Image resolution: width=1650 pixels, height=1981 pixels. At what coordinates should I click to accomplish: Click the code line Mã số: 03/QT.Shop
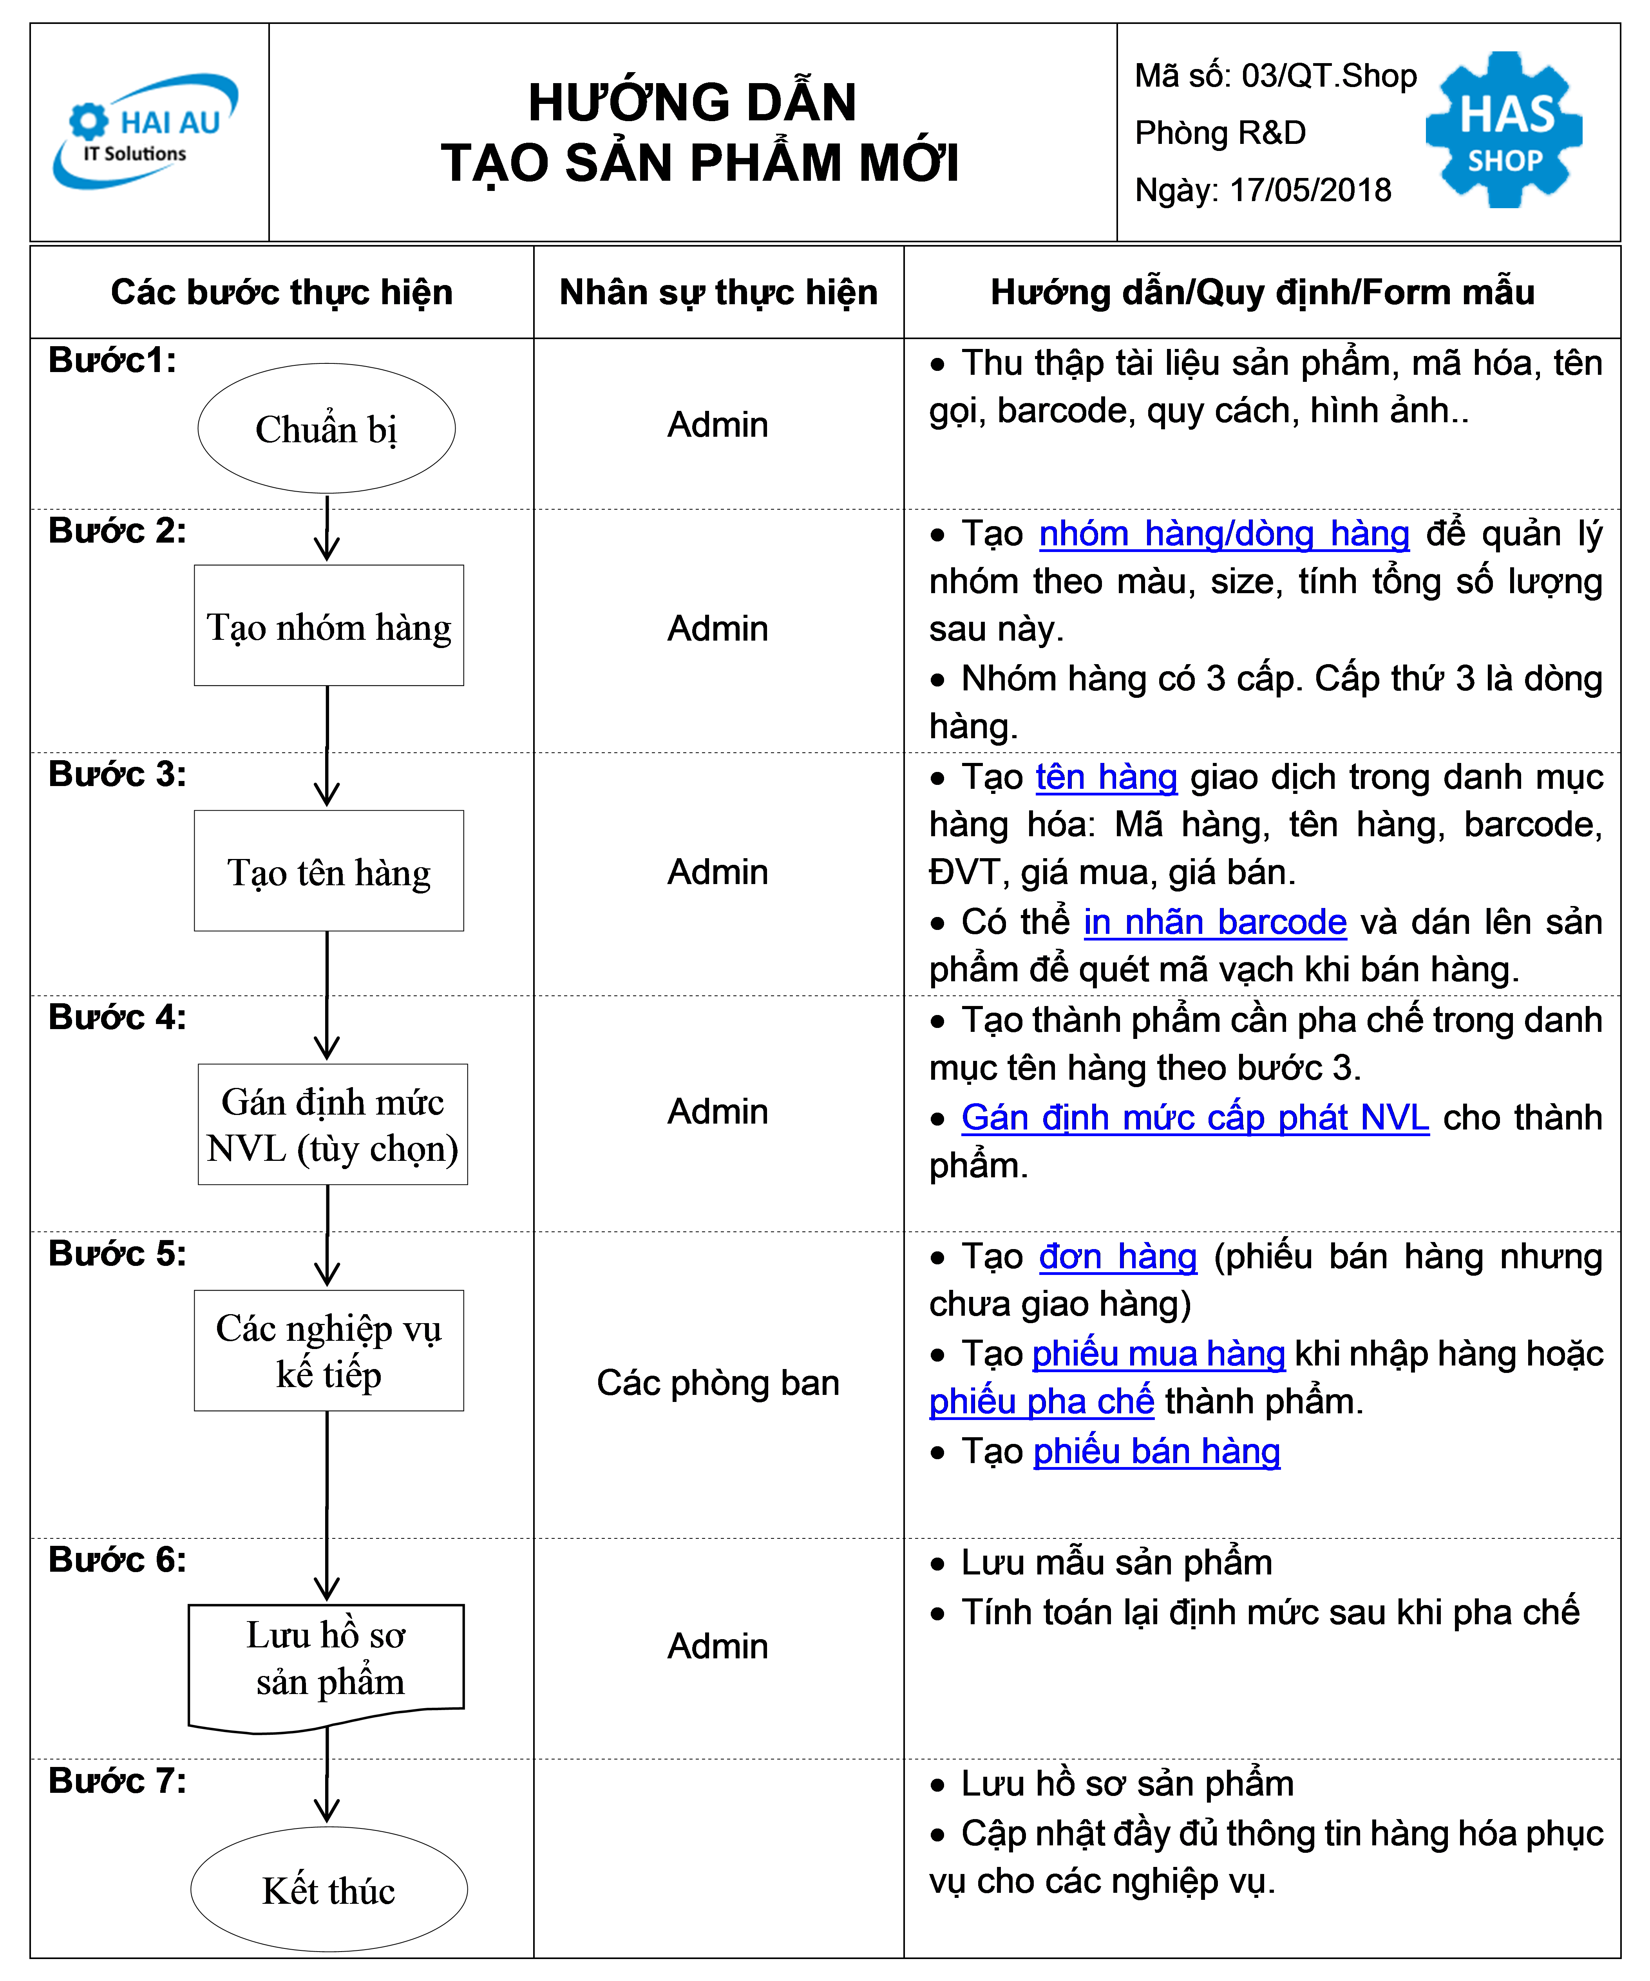pyautogui.click(x=1275, y=75)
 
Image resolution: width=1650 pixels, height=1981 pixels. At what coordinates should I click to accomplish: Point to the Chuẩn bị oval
pyautogui.click(x=326, y=428)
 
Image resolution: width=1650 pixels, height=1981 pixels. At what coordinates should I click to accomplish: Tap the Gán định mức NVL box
pyautogui.click(x=333, y=1124)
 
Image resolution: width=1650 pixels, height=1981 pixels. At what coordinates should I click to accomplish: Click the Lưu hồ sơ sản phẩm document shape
pyautogui.click(x=326, y=1668)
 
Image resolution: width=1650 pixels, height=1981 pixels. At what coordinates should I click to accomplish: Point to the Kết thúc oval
pyautogui.click(x=329, y=1890)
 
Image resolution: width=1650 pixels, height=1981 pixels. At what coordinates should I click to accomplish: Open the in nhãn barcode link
pyautogui.click(x=1214, y=922)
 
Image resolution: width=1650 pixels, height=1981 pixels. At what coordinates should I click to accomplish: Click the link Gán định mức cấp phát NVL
pyautogui.click(x=1194, y=1118)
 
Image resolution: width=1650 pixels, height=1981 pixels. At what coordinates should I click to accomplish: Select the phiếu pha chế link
pyautogui.click(x=1041, y=1402)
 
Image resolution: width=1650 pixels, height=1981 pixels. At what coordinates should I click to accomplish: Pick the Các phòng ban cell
pyautogui.click(x=718, y=1383)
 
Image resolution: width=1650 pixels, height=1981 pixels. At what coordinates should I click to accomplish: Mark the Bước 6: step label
pyautogui.click(x=117, y=1559)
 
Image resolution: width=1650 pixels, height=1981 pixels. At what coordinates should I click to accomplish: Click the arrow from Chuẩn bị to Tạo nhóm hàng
pyautogui.click(x=327, y=528)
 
